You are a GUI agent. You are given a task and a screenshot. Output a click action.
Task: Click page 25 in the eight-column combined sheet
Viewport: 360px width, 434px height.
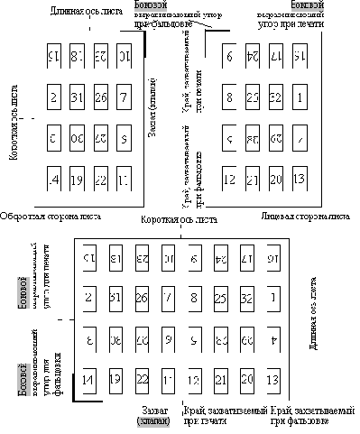220,295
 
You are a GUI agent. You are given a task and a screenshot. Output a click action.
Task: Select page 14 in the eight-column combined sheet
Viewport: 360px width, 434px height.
88,379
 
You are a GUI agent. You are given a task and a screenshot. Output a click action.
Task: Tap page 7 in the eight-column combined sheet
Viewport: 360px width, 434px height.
167,295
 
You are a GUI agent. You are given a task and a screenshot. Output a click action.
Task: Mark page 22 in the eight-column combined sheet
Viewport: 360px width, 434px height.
141,379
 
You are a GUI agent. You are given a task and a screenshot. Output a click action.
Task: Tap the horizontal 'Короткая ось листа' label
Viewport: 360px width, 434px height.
180,220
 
